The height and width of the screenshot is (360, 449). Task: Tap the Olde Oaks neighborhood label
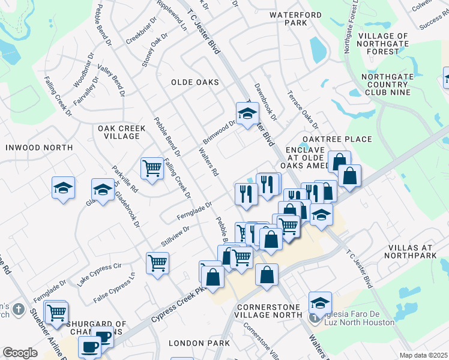[x=194, y=82]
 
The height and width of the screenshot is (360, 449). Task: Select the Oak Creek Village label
[x=118, y=132]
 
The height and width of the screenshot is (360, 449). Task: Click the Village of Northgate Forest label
[x=391, y=44]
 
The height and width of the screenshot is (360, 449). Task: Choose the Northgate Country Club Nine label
[x=394, y=85]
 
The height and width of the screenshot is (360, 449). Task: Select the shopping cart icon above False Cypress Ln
[x=157, y=262]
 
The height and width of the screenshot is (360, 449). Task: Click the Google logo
[x=20, y=353]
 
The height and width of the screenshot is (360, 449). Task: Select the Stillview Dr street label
[x=175, y=235]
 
